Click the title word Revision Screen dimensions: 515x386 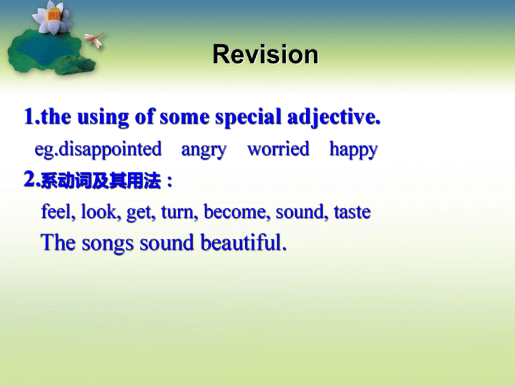[x=265, y=54]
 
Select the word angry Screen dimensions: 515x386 [x=204, y=150]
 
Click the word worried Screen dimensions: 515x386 [x=278, y=148]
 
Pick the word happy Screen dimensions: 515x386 [x=353, y=150]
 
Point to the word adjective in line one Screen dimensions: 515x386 [x=334, y=117]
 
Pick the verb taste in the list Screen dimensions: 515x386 [x=352, y=212]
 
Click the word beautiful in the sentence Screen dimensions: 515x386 [x=243, y=242]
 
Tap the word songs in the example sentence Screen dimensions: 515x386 [x=107, y=244]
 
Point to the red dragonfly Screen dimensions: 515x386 [x=95, y=39]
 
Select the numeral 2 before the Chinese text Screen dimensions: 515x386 [x=30, y=180]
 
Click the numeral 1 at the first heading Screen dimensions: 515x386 [x=29, y=116]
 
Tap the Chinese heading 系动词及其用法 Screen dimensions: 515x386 [x=101, y=181]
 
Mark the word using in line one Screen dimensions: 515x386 [x=103, y=117]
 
